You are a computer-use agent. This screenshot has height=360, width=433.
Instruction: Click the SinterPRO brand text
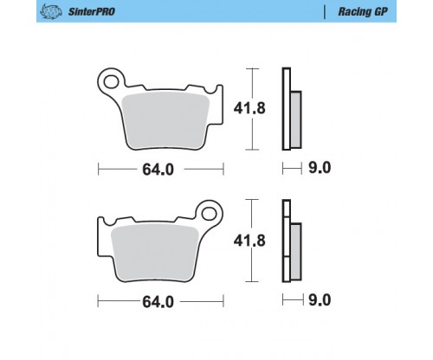91,11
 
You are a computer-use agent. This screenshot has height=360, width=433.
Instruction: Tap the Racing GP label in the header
363,11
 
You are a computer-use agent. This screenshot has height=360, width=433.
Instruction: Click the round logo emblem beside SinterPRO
51,11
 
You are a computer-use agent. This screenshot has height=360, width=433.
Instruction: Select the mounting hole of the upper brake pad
111,81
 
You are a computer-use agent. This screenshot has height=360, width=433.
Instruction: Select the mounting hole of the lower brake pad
209,214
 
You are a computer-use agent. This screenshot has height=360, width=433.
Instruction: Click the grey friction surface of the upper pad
165,121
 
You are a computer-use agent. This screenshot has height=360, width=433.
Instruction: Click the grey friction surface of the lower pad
155,253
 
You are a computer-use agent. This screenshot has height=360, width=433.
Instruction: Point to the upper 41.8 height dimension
249,108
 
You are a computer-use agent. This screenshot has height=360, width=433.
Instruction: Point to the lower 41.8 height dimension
249,241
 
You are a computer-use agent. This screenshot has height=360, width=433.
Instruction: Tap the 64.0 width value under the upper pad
158,170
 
